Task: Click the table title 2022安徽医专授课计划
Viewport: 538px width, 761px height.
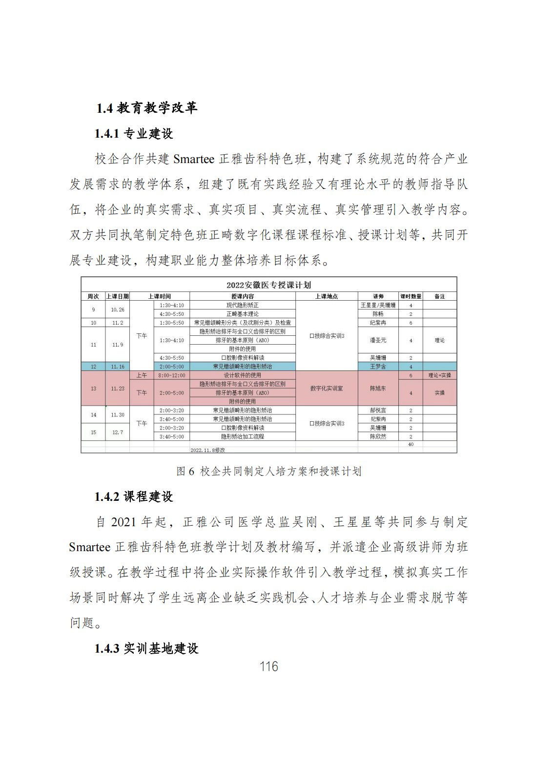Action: point(269,285)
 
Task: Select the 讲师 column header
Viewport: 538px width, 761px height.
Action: point(378,296)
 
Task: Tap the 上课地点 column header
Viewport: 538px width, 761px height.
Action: point(327,296)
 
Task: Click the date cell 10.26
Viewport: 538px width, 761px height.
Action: point(118,309)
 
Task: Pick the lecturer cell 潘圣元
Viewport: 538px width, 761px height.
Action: point(378,340)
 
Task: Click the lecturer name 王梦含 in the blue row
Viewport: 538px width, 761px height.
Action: point(378,367)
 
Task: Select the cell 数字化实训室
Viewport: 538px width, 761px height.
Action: point(327,389)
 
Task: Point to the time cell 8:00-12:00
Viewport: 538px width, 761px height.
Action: point(172,375)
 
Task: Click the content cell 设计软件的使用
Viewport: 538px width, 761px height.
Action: point(242,375)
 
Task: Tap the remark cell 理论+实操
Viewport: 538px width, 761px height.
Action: point(439,375)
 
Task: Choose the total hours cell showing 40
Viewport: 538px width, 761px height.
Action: point(411,444)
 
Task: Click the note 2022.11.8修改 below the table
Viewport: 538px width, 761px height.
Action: point(207,450)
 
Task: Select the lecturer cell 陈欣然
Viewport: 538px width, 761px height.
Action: point(378,437)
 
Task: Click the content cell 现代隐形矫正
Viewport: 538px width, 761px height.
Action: point(242,305)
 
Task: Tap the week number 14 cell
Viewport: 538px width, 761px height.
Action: point(93,415)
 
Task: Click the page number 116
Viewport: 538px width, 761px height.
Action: point(269,666)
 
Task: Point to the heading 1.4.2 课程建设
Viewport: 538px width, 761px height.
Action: point(134,497)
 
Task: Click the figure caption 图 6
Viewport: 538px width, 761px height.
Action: point(186,472)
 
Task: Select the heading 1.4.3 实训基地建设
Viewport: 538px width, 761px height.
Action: point(146,649)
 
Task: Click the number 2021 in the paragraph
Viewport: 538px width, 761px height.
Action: point(124,522)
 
